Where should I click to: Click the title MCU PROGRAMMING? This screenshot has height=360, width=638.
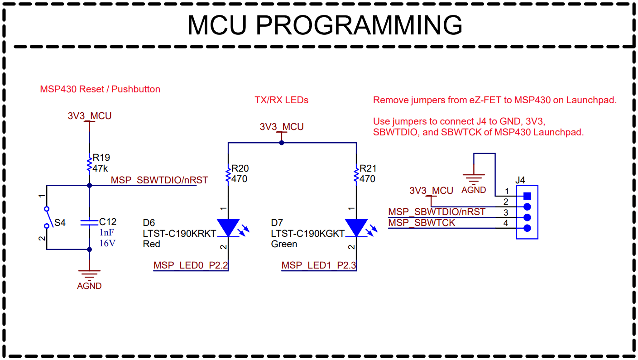point(325,25)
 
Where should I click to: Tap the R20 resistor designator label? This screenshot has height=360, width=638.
point(240,168)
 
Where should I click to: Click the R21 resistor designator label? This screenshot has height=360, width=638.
point(368,168)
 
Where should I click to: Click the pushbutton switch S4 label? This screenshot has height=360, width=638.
point(60,223)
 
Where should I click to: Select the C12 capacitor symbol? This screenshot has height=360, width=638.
point(89,222)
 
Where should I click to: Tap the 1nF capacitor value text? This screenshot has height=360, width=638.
point(107,233)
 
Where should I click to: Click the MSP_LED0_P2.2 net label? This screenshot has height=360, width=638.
point(190,265)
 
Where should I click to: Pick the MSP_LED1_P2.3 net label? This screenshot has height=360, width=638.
point(318,265)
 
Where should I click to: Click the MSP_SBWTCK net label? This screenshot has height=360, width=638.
point(422,223)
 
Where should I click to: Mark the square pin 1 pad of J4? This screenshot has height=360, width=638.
point(527,196)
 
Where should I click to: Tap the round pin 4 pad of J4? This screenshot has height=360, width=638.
point(527,228)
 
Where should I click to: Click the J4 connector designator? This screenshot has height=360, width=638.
point(520,180)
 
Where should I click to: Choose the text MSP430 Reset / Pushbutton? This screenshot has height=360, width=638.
point(100,89)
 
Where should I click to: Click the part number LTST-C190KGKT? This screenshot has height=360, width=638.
point(308,234)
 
